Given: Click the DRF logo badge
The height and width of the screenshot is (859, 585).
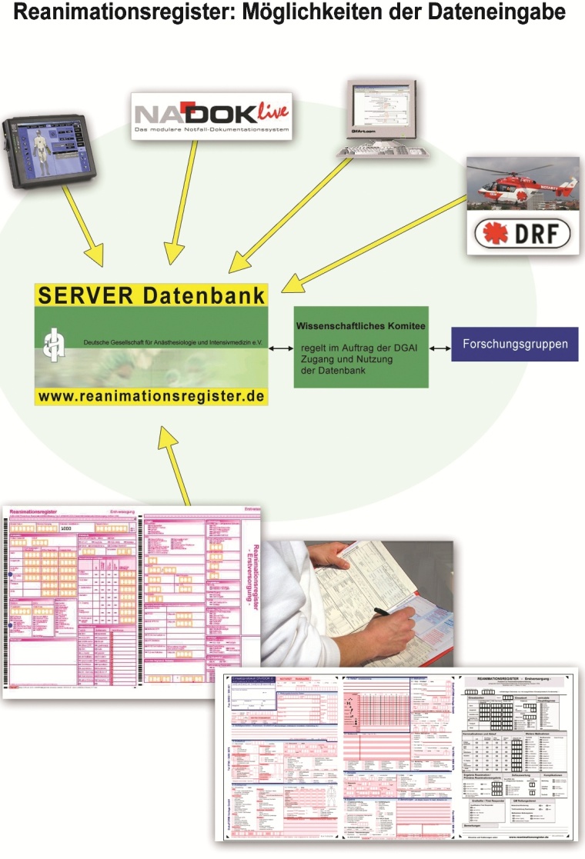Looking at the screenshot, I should coord(523,231).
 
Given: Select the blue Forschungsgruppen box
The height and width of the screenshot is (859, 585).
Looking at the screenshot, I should coord(514,344).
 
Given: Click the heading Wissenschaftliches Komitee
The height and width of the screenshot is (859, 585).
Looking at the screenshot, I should coord(360,326).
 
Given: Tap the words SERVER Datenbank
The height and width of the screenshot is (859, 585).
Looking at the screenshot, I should coord(151,295).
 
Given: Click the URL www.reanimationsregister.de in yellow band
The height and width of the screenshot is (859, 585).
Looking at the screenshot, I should coord(151,396).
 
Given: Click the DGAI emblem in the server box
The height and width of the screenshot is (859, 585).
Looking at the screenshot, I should coord(54,340).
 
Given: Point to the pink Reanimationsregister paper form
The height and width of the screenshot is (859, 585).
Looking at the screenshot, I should coord(131,600).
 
